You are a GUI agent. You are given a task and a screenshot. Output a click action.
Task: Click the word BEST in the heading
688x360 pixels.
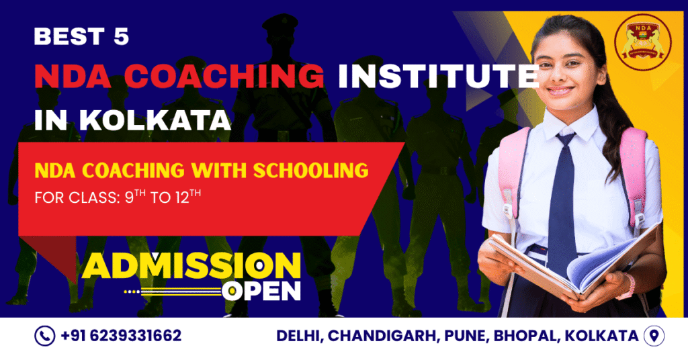coord(66,37)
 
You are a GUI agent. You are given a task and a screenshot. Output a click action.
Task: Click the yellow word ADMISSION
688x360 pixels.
coord(191,267)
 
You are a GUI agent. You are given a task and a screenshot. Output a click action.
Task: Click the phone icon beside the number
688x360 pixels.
coord(44,336)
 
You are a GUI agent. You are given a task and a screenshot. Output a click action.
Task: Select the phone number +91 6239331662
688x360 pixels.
coord(121,336)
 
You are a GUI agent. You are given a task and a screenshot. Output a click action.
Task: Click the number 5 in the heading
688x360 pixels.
coord(120,37)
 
